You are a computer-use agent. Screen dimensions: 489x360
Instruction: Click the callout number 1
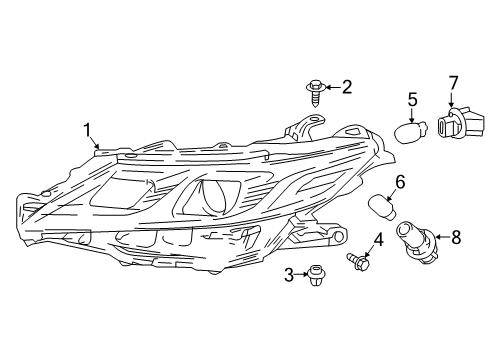tap(87, 130)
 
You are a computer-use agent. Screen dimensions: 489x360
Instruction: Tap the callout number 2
tap(347, 87)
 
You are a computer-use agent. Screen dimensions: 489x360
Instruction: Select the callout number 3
tap(289, 275)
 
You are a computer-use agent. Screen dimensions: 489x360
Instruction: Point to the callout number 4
tap(378, 240)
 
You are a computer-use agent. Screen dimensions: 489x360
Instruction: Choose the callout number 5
tap(413, 100)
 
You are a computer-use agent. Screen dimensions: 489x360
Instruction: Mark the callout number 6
tap(400, 182)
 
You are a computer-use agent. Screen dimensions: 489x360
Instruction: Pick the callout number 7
tap(453, 83)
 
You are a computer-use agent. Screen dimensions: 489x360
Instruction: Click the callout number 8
tap(456, 237)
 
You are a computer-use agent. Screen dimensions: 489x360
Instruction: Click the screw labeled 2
tap(314, 93)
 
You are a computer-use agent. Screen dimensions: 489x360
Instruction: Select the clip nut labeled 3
tap(315, 275)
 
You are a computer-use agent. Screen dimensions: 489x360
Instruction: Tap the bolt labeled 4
tap(359, 262)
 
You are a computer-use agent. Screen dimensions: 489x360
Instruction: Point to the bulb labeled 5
tap(410, 132)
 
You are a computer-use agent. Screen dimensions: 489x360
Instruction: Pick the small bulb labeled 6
tap(383, 207)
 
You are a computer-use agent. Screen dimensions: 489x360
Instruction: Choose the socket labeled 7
tap(460, 122)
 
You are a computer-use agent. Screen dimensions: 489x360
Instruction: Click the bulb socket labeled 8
tap(417, 243)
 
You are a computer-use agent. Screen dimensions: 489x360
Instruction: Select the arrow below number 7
tap(452, 99)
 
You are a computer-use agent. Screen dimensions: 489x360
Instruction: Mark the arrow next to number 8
tap(443, 237)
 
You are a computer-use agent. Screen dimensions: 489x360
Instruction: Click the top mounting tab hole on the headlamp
tap(314, 119)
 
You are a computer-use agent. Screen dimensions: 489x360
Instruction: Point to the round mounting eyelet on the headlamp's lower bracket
tap(339, 236)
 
